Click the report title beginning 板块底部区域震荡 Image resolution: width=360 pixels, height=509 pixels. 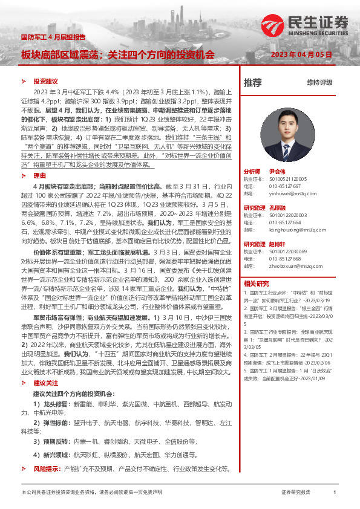118,54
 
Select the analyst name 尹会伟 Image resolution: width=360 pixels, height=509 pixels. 293,171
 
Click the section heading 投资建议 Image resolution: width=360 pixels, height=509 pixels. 45,81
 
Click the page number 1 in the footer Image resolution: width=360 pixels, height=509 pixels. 334,493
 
